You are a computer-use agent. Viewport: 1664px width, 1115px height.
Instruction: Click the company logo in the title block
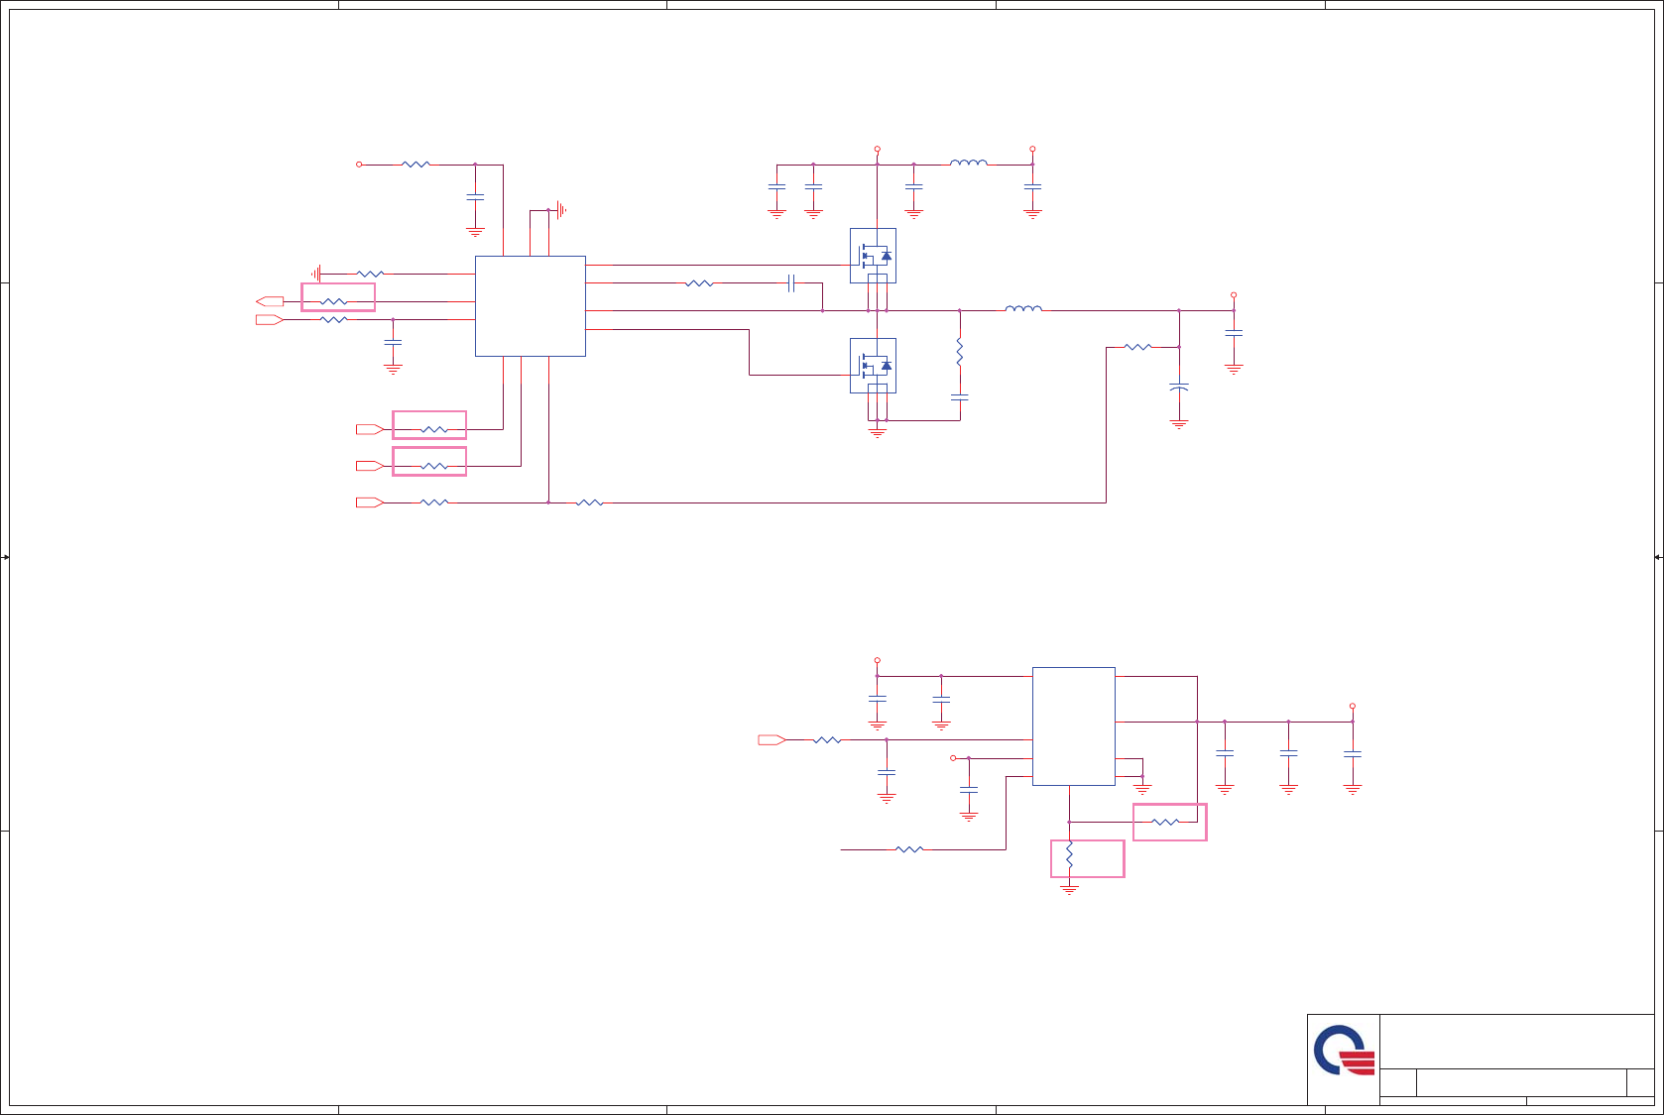[x=1344, y=1052]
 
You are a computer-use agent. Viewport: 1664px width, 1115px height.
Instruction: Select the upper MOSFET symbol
[x=873, y=256]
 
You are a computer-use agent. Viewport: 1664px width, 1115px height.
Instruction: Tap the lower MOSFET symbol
[x=873, y=366]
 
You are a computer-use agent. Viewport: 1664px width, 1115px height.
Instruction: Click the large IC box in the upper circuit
[x=530, y=305]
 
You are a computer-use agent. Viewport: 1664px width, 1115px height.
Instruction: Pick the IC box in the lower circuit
[x=1073, y=725]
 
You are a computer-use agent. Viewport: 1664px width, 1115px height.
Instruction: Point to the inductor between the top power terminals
[x=969, y=164]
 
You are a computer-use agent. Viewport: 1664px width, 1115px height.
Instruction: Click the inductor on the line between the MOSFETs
[x=1023, y=309]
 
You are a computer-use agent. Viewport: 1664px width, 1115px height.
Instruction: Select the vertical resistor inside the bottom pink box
[x=1069, y=855]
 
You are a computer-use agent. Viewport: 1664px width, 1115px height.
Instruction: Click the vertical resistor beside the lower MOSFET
[x=959, y=352]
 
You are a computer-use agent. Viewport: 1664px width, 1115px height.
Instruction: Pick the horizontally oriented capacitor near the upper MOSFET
[x=791, y=283]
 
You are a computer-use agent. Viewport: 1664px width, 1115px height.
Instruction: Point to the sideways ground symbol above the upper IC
[x=560, y=210]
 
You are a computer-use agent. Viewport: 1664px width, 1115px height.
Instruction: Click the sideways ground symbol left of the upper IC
[x=316, y=274]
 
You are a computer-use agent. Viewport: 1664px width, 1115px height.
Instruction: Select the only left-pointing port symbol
[x=270, y=301]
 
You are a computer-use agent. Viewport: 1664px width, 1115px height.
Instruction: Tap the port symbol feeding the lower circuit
[x=772, y=739]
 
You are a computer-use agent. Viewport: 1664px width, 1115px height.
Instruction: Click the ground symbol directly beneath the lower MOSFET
[x=877, y=431]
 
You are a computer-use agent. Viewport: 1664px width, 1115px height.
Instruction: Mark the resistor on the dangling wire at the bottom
[x=909, y=849]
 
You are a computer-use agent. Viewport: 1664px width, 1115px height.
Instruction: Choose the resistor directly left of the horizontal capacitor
[x=699, y=283]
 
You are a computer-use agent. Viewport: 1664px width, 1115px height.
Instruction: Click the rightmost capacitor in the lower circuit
[x=1352, y=754]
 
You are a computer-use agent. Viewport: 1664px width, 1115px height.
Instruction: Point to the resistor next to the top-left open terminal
[x=416, y=165]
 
